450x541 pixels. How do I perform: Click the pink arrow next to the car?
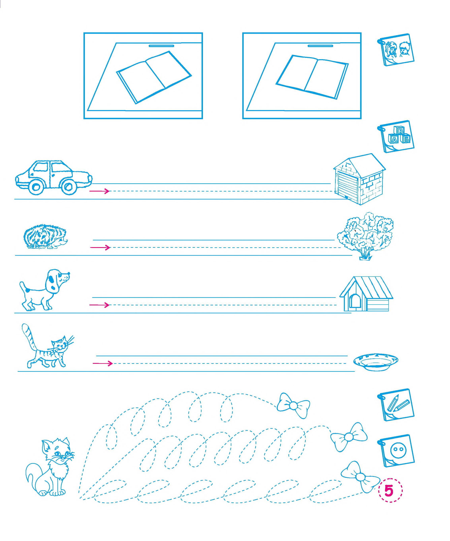click(x=99, y=191)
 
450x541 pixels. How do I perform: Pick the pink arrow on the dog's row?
click(x=99, y=305)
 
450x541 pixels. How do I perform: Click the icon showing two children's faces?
click(x=396, y=49)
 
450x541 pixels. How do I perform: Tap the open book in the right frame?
click(x=312, y=77)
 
